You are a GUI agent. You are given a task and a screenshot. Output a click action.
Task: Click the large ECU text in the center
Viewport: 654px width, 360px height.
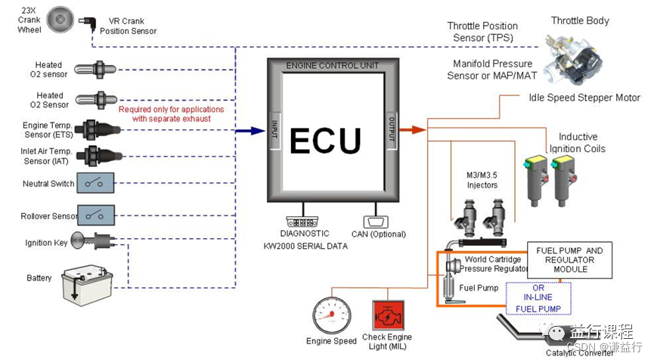[326, 141]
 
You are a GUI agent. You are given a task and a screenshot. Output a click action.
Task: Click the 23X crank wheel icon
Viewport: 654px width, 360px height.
[60, 20]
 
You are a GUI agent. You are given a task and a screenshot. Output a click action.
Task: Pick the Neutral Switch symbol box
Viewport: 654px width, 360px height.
[95, 184]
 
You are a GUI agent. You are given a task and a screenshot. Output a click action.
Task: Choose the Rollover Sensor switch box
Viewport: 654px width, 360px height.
[95, 215]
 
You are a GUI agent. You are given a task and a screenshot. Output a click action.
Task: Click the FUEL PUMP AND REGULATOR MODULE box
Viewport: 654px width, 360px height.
[569, 259]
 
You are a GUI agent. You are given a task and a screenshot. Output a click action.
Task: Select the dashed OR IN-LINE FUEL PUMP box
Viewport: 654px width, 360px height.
[538, 297]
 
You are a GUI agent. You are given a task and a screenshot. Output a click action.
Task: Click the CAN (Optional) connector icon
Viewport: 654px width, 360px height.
[374, 222]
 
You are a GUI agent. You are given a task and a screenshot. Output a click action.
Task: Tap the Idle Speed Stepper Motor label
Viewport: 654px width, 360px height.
[584, 98]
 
